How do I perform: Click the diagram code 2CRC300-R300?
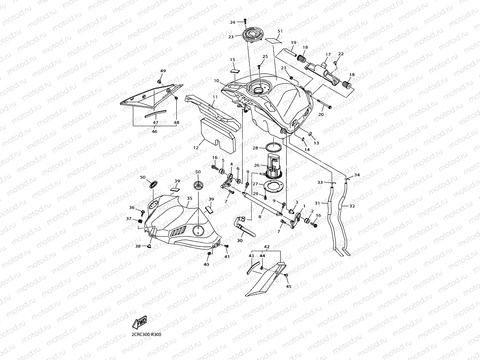coord(147,334)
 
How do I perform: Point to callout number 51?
coord(280,31)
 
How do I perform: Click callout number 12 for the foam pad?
coord(196,147)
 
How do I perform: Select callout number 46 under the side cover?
coord(154,131)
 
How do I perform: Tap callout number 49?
coord(163,71)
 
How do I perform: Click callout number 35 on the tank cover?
coord(189,198)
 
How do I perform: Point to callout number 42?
coord(267,247)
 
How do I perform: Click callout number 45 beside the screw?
coord(288,286)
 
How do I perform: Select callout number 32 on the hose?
coord(352,206)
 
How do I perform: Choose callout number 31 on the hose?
coord(318,203)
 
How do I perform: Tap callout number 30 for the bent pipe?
coord(240,241)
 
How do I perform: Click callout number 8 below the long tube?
coord(260,216)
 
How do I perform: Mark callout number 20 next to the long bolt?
coord(321,114)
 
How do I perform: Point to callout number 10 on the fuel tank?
coord(217,80)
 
